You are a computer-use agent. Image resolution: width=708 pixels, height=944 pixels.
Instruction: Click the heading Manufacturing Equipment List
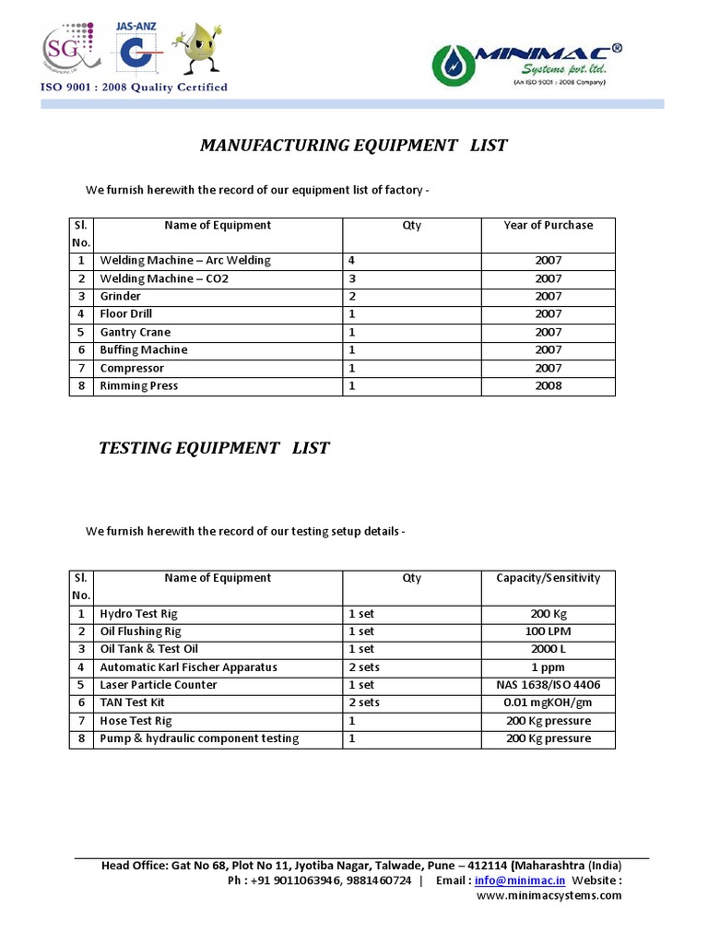(x=354, y=146)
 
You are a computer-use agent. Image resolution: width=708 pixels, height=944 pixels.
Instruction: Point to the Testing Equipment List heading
(x=214, y=448)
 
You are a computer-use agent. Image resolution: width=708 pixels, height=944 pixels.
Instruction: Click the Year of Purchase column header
(x=548, y=225)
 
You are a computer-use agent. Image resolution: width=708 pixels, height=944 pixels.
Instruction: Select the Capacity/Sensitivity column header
(x=548, y=578)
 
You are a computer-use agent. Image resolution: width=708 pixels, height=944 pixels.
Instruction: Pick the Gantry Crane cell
(x=136, y=332)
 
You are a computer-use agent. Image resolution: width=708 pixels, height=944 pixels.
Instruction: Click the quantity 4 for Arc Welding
(x=351, y=261)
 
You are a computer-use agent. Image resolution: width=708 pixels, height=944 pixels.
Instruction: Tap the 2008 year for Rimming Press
(x=548, y=386)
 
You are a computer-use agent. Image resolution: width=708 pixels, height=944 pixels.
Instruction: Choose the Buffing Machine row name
(x=144, y=350)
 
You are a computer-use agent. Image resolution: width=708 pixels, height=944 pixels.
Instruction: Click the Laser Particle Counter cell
(x=159, y=685)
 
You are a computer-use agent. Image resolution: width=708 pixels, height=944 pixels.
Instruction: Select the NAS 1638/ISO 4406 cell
(x=548, y=685)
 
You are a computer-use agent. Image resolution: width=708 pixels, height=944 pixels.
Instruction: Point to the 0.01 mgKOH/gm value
(x=548, y=703)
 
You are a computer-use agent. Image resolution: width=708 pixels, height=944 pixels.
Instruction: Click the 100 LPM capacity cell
(x=548, y=631)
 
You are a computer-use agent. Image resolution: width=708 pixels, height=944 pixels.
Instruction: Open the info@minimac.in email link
(x=518, y=880)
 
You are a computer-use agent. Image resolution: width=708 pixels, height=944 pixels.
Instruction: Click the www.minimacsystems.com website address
(x=548, y=896)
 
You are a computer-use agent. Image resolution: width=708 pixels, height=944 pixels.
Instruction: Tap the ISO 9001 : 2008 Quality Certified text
(x=133, y=88)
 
